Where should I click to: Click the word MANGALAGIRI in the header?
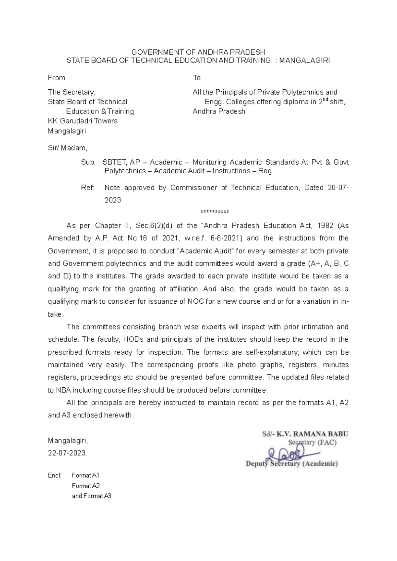304,61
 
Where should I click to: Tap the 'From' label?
57,78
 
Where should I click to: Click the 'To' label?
197,78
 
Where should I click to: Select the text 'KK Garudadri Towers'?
83,121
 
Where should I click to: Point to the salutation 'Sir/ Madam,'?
68,148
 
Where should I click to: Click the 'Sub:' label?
88,162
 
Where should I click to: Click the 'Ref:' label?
88,188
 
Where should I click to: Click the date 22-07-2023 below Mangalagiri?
68,453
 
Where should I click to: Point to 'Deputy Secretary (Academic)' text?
291,464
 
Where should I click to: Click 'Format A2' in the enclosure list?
86,486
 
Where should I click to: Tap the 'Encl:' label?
55,476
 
